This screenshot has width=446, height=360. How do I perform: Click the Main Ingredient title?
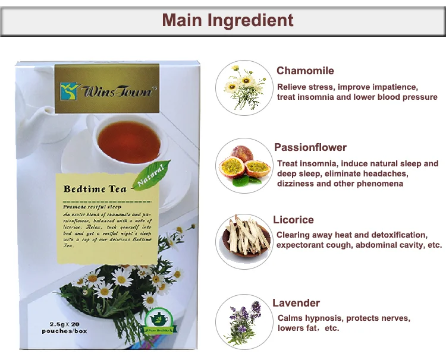228,20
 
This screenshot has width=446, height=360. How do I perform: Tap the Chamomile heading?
305,71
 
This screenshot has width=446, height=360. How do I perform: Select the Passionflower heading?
310,147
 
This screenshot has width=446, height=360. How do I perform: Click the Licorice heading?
293,220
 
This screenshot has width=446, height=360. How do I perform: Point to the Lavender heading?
296,303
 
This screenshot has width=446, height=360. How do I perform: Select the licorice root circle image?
244,241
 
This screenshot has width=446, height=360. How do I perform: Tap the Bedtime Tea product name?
95,189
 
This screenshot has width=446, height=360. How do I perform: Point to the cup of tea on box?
127,137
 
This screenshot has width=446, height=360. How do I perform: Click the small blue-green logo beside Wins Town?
70,91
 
